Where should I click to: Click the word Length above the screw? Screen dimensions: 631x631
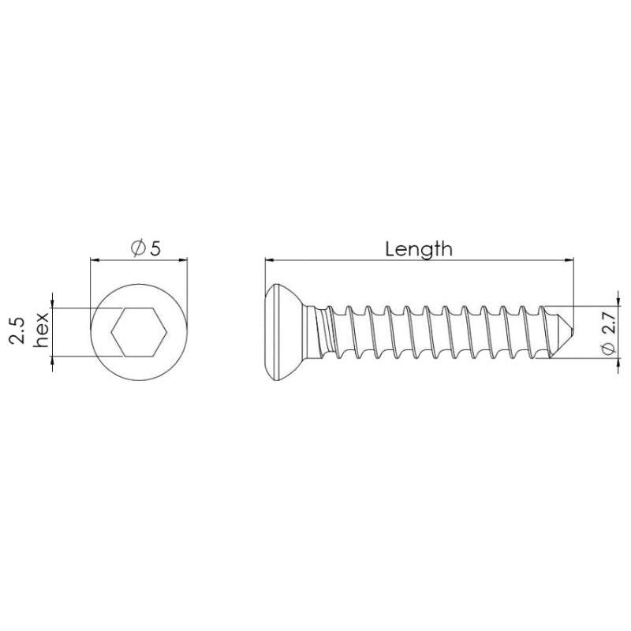[x=418, y=249]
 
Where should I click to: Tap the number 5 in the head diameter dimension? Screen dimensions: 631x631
[x=155, y=248]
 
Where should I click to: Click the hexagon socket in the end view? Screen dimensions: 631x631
[x=139, y=333]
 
